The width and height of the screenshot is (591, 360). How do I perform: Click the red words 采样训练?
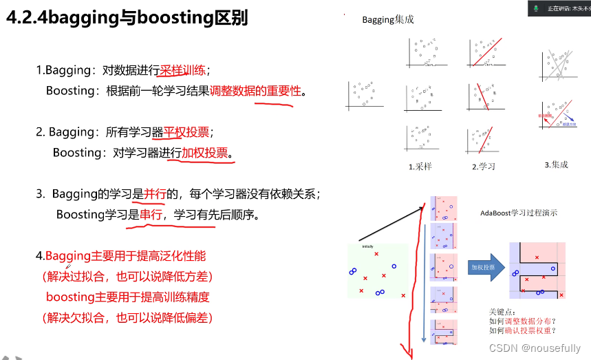[184, 70]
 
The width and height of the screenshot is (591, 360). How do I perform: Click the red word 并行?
[154, 194]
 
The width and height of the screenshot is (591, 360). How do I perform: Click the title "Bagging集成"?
[389, 21]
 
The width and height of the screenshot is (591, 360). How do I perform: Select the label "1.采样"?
[420, 166]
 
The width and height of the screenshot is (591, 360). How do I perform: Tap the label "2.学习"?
[484, 166]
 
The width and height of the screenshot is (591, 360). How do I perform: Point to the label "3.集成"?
[556, 165]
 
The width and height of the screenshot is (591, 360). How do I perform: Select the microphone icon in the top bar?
[535, 8]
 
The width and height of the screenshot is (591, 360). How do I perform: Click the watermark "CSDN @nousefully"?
[535, 348]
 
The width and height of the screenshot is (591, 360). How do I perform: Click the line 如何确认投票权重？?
[522, 330]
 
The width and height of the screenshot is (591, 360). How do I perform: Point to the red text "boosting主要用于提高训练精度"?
[127, 297]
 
